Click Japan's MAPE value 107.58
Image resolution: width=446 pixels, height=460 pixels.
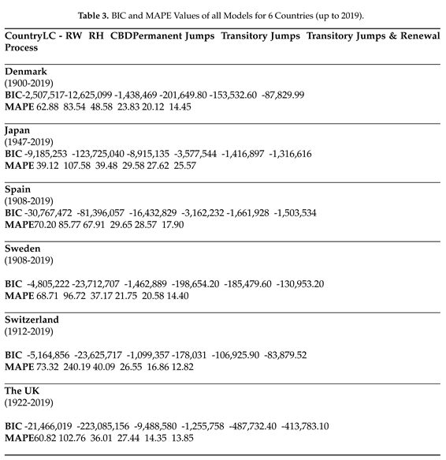(x=83, y=166)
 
